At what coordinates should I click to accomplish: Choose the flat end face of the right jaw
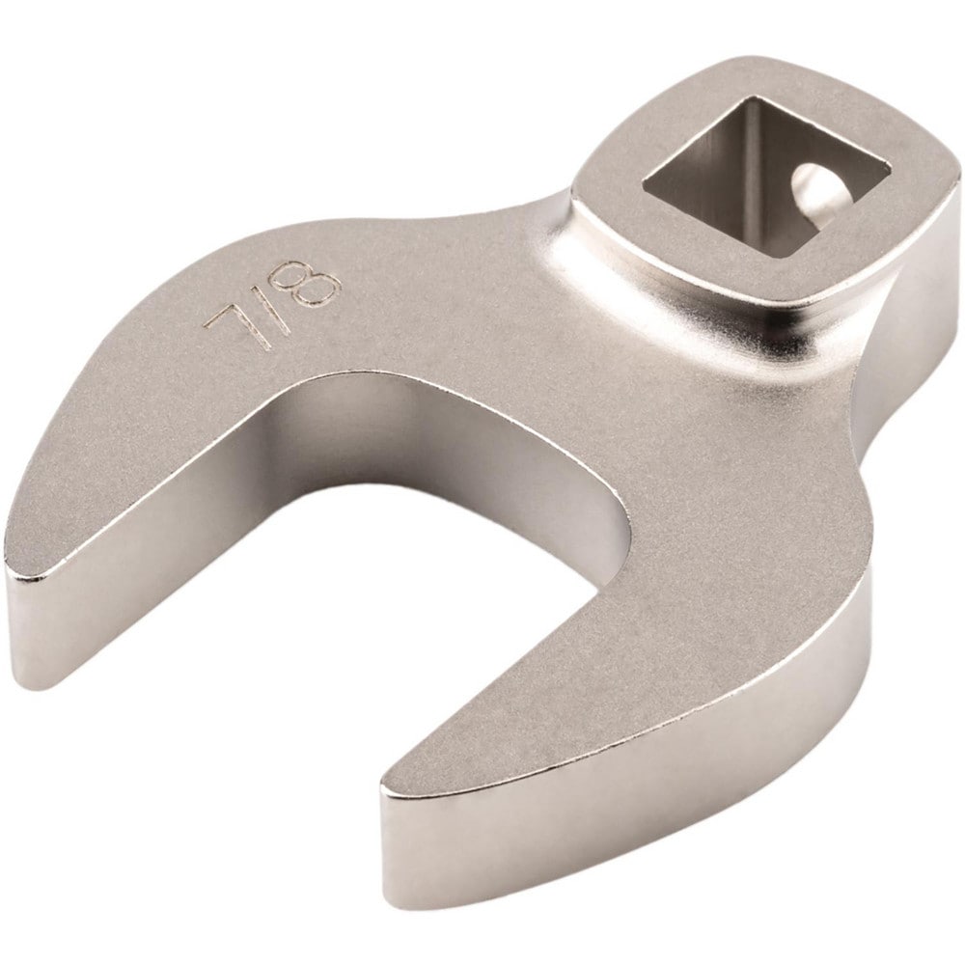click(405, 849)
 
